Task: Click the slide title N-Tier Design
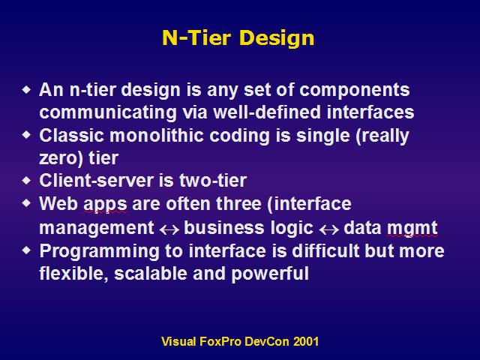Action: coord(238,38)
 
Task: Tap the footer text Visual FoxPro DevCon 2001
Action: coord(240,341)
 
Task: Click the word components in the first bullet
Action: coord(355,91)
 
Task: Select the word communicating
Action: coord(108,113)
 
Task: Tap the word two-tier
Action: coord(213,180)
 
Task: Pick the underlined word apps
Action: coord(105,205)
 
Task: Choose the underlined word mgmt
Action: coord(412,229)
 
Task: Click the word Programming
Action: coord(100,252)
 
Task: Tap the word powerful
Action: coord(270,273)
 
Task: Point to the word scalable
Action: coord(151,273)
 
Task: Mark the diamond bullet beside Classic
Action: coord(27,134)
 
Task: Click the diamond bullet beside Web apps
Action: coord(27,203)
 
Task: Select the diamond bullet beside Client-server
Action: coord(27,180)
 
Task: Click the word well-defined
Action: coord(267,112)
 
